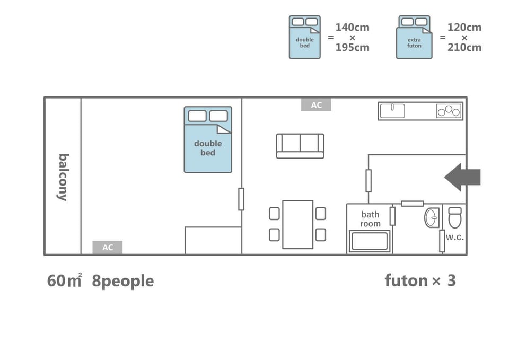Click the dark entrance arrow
(x=462, y=177)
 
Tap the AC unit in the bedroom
(x=108, y=248)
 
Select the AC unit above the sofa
(x=316, y=105)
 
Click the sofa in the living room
(x=300, y=146)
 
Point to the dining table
(x=297, y=225)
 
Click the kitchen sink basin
(x=392, y=111)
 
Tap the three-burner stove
(x=449, y=111)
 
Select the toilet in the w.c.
(x=455, y=217)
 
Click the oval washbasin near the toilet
(x=432, y=217)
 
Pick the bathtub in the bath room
(x=370, y=241)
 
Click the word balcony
(x=63, y=177)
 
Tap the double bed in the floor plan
(x=208, y=139)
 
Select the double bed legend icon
(x=304, y=37)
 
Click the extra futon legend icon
(x=414, y=37)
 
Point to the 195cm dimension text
(x=352, y=47)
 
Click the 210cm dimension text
(x=464, y=47)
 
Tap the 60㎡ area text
(x=64, y=281)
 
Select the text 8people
(x=122, y=281)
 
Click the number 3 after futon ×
(x=452, y=280)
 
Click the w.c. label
(x=454, y=237)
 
